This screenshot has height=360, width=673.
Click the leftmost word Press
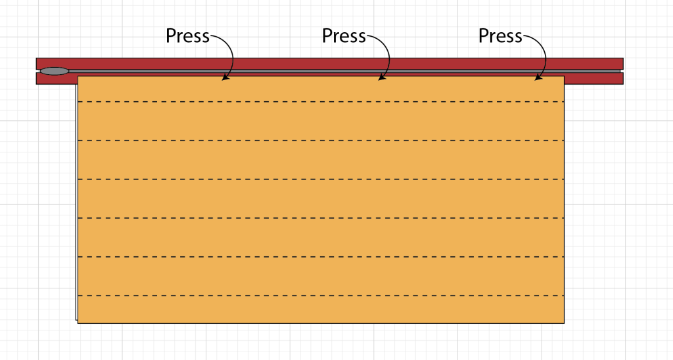coord(187,36)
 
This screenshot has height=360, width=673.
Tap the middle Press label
coord(344,36)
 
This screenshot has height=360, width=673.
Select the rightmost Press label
coord(500,36)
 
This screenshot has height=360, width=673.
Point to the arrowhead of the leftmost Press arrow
coord(225,78)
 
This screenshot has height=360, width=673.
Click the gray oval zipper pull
coord(54,71)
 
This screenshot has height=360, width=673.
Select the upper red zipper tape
coord(330,64)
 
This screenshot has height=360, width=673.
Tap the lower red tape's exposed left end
coord(57,79)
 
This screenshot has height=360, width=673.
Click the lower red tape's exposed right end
coord(594,79)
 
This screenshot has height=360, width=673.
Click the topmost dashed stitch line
coord(321,102)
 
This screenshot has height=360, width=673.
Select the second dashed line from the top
coord(321,141)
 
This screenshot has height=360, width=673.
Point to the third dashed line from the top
coord(321,179)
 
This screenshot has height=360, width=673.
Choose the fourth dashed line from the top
coord(321,218)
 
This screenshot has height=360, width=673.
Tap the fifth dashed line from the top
coord(321,257)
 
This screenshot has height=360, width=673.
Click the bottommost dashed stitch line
coord(321,296)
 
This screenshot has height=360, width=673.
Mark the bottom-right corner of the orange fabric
coord(564,323)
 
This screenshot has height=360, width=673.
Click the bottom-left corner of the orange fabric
coord(78,323)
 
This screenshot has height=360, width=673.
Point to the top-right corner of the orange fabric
coord(564,76)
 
